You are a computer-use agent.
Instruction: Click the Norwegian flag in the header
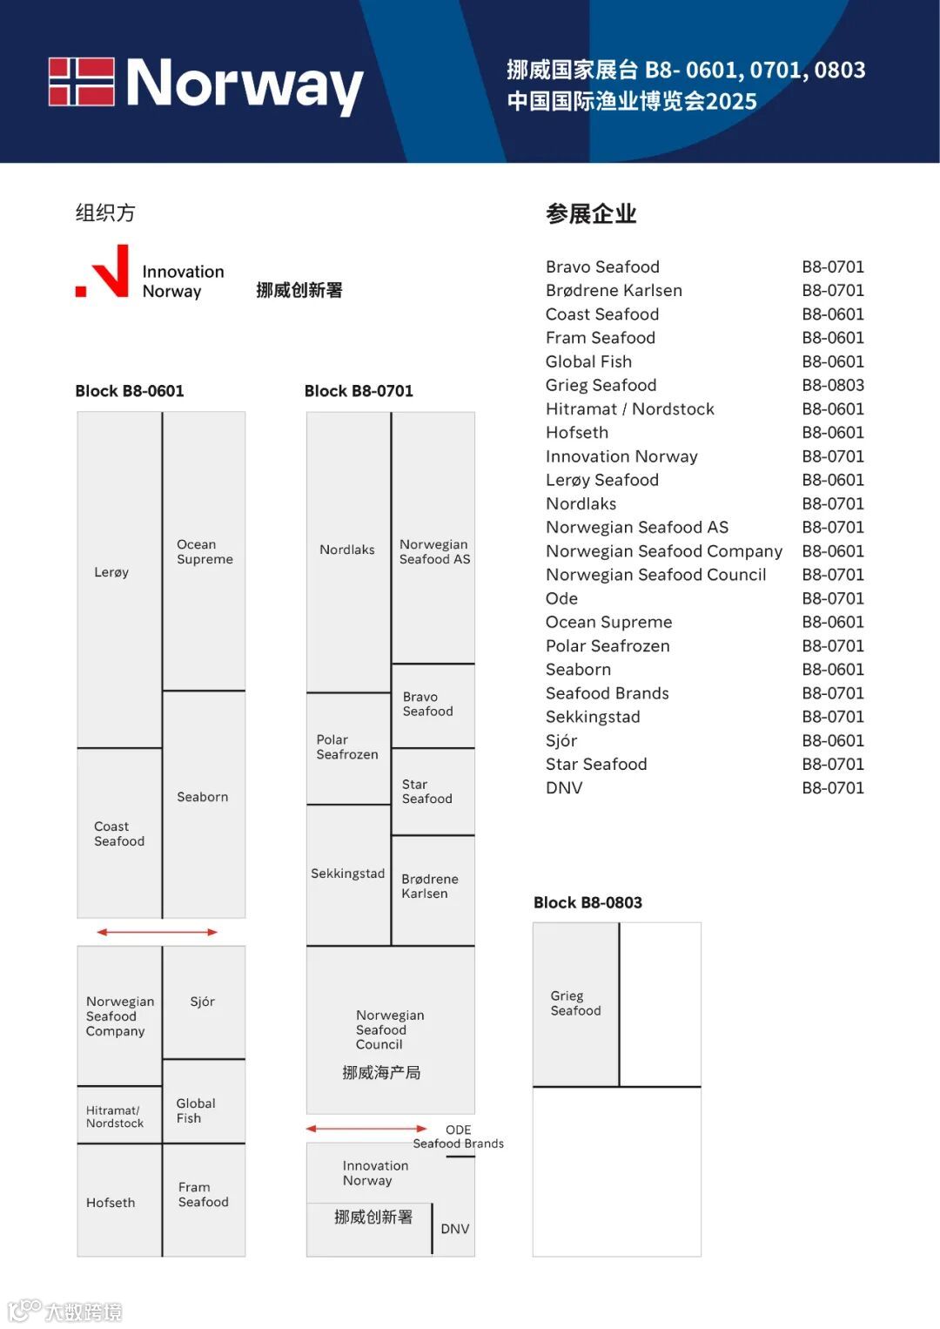coord(81,82)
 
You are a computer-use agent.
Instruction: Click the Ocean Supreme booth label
coord(205,551)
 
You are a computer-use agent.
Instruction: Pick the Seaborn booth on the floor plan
coord(203,797)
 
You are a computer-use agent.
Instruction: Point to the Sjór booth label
coord(203,1002)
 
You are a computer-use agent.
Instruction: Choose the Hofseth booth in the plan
coord(111,1203)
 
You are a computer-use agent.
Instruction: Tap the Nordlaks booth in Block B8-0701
coord(347,550)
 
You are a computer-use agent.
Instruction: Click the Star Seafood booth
coord(427,792)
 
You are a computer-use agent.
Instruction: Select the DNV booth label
coord(454,1229)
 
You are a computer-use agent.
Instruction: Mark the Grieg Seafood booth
coord(575,1003)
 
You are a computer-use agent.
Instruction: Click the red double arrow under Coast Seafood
coord(157,932)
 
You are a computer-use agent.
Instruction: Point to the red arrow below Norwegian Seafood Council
coord(366,1129)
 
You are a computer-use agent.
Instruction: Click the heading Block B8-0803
coord(587,902)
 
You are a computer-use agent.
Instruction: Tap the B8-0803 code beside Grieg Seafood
coord(833,385)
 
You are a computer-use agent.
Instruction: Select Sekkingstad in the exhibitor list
coord(593,717)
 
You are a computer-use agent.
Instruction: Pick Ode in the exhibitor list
coord(561,598)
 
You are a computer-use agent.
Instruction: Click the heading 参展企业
coord(591,213)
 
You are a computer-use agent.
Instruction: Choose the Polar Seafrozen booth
coord(347,747)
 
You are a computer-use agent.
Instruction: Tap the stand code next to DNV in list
coord(833,788)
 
